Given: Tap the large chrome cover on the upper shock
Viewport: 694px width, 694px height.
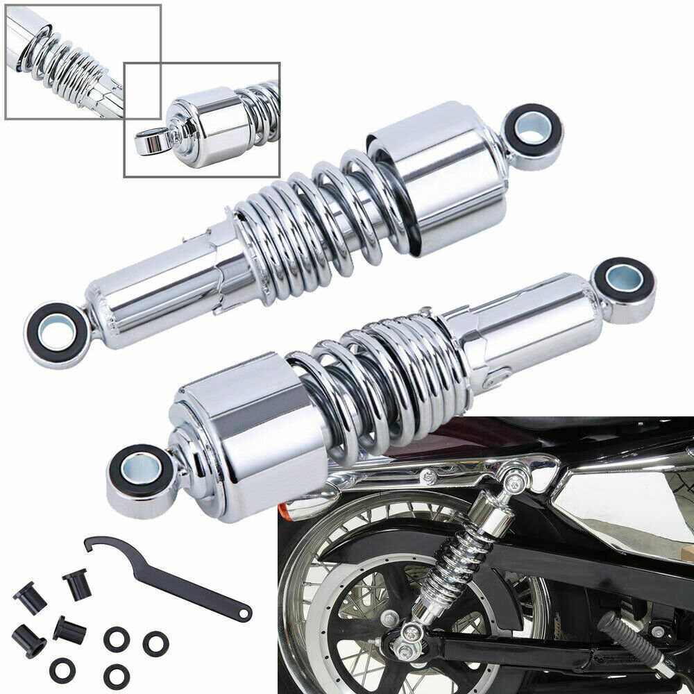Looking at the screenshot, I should click(437, 180).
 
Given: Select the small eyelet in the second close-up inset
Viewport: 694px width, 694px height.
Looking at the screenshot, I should click(148, 142).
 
